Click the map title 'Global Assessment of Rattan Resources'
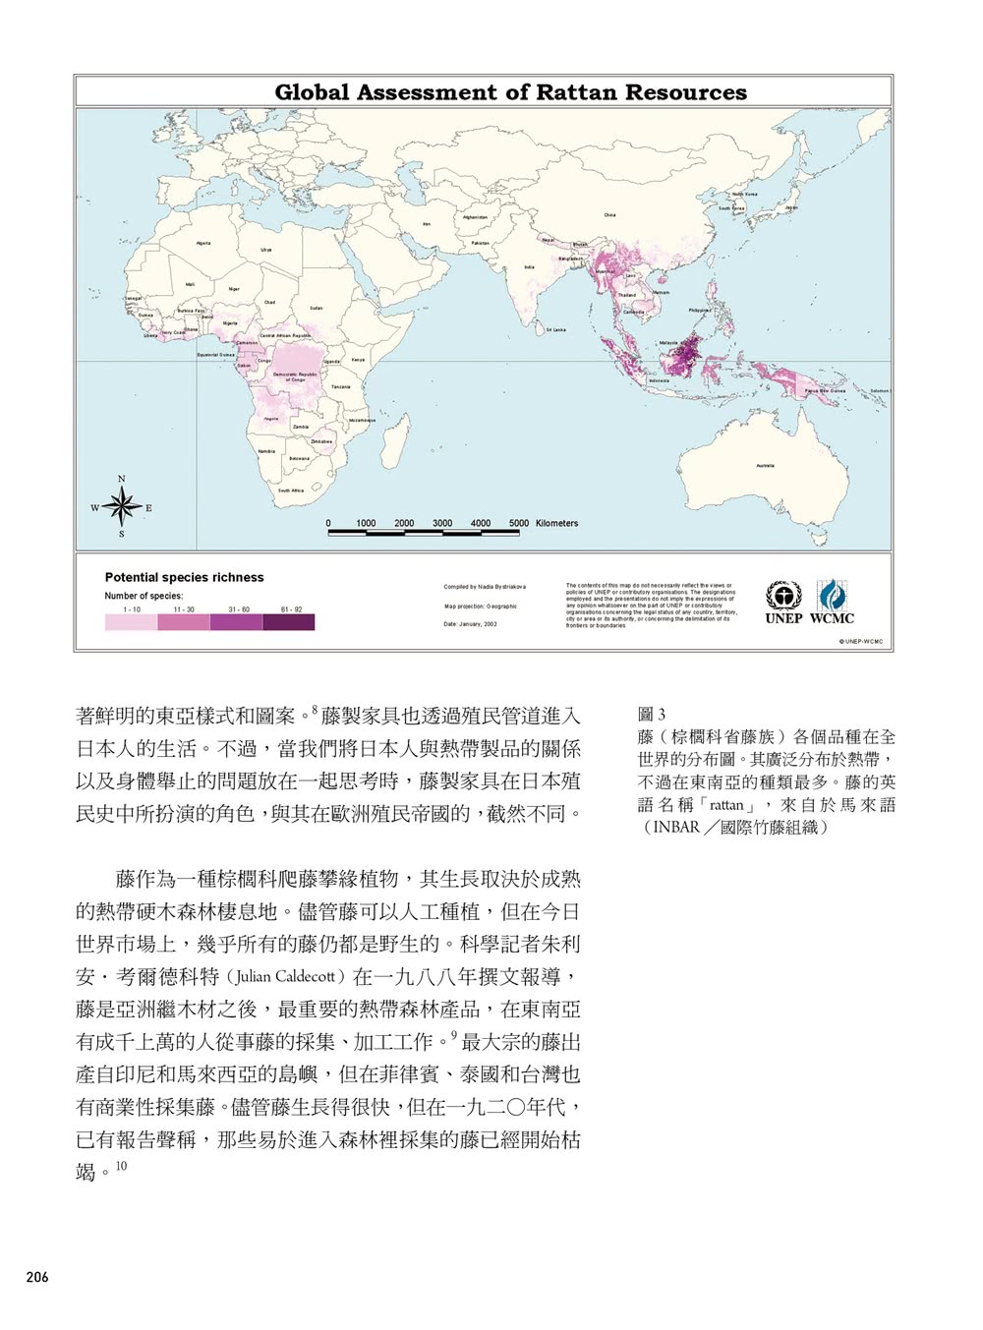[x=510, y=92]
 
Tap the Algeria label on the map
[x=203, y=243]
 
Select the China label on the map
[x=609, y=215]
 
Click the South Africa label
[x=291, y=490]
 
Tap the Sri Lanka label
[x=556, y=330]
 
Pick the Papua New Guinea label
[x=825, y=390]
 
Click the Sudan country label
[x=316, y=308]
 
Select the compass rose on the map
[x=122, y=507]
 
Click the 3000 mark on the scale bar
[x=442, y=523]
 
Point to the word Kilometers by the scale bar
[x=557, y=523]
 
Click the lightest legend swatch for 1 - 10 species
[x=131, y=622]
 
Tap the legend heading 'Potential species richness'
[x=184, y=577]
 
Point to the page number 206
[x=37, y=1278]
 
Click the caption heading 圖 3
[x=651, y=715]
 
